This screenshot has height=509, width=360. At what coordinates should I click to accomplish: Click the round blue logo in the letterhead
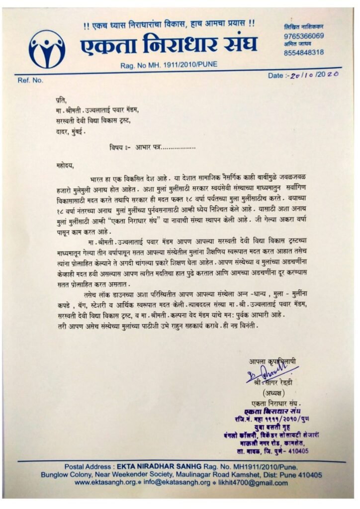(x=47, y=49)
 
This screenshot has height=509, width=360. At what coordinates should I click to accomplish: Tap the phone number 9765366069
(x=303, y=36)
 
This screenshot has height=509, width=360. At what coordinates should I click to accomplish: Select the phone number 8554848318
(x=303, y=52)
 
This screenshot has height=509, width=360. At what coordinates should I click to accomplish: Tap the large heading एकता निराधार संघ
(x=169, y=46)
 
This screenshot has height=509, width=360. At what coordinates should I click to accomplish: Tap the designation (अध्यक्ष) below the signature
(x=269, y=393)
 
